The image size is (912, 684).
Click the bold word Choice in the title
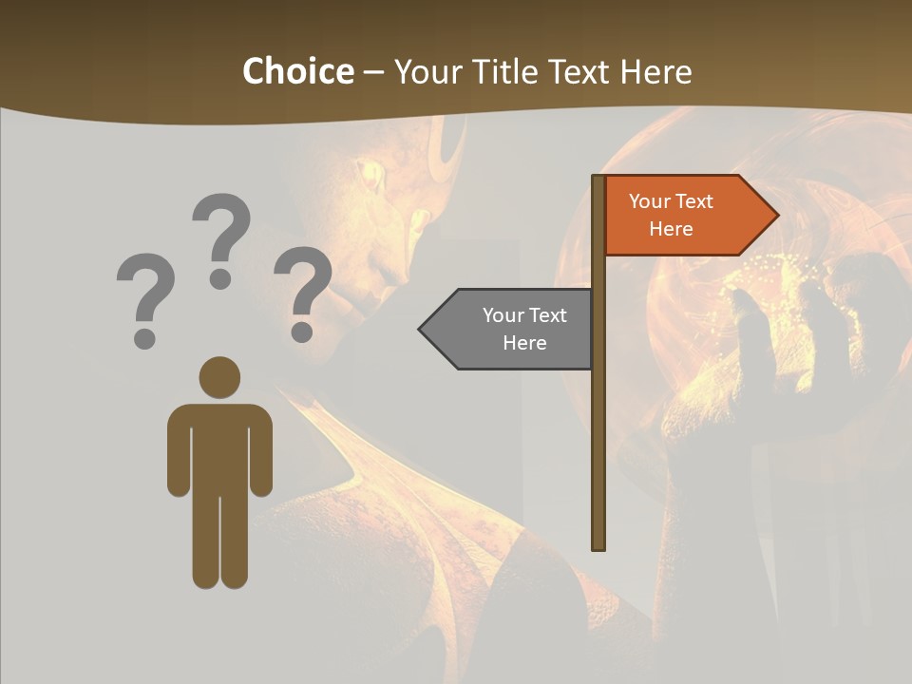click(x=297, y=71)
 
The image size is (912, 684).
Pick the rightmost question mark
click(x=303, y=291)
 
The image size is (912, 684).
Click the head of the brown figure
click(x=219, y=377)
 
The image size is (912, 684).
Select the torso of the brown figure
click(x=219, y=446)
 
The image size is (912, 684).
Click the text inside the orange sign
click(x=671, y=215)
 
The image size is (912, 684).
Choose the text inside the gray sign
click(x=524, y=329)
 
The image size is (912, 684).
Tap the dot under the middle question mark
click(x=220, y=278)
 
